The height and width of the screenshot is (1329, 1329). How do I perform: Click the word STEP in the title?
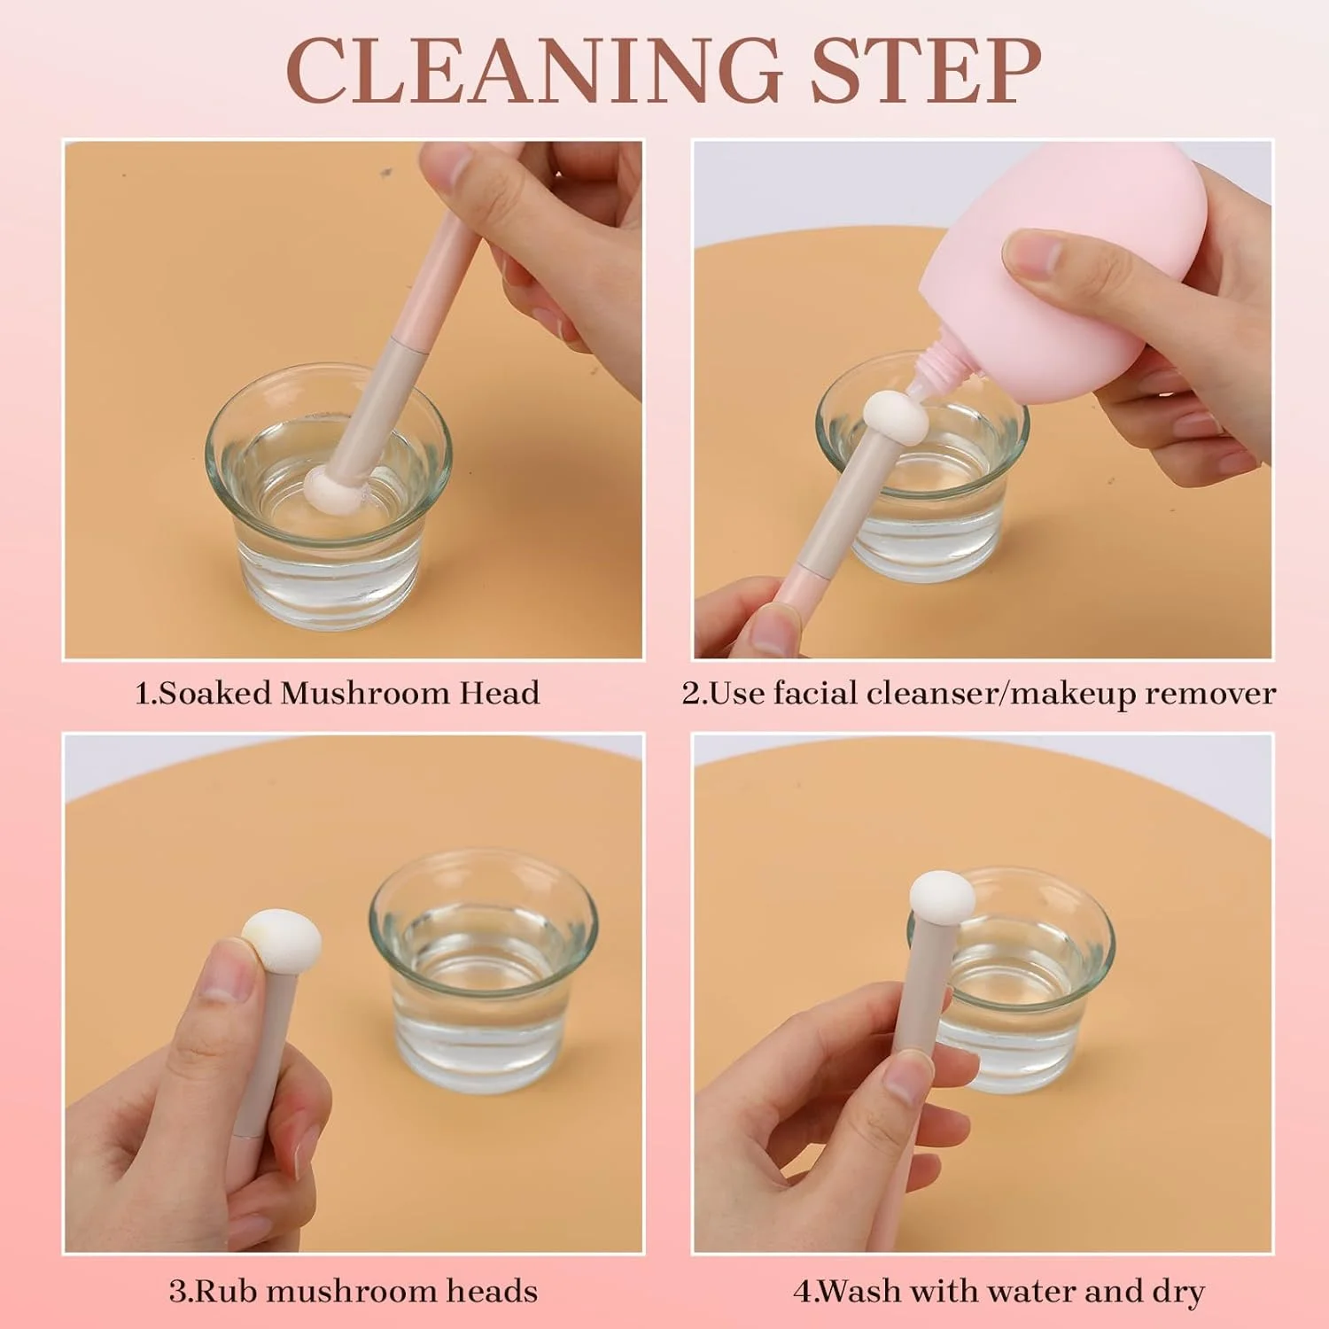coord(925,70)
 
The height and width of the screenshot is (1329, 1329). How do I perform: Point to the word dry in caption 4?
coord(1177,1292)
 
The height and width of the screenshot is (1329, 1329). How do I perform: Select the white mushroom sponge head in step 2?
coord(896,419)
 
